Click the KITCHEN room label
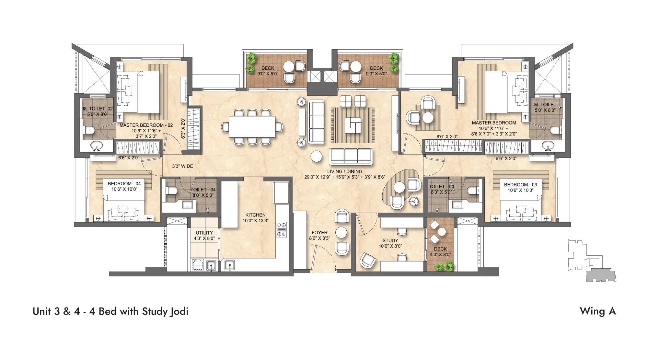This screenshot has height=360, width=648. click(x=255, y=215)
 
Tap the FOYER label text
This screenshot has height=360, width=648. click(x=319, y=233)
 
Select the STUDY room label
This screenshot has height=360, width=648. click(x=390, y=241)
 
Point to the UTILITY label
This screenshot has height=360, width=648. click(x=204, y=233)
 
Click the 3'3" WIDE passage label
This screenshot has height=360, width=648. click(x=182, y=166)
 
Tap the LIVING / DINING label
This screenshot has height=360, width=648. click(x=344, y=172)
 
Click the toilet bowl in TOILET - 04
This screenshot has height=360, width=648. click(x=171, y=190)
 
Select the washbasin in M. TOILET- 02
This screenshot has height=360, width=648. click(x=96, y=146)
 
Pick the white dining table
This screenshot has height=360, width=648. click(x=252, y=127)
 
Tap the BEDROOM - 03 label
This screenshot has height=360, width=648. click(x=520, y=185)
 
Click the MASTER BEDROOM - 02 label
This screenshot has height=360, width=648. click(x=146, y=125)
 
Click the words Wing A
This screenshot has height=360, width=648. click(x=597, y=311)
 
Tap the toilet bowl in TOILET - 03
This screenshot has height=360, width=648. click(x=473, y=191)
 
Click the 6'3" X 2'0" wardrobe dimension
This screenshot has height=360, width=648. click(x=183, y=128)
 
